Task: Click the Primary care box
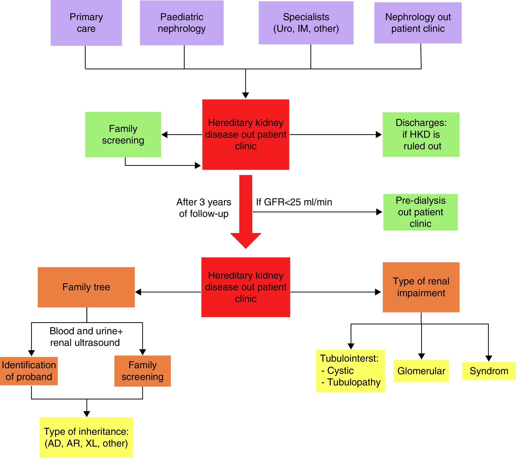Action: pyautogui.click(x=86, y=23)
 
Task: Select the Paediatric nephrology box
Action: pyautogui.click(x=182, y=23)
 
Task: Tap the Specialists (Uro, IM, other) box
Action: pyautogui.click(x=306, y=23)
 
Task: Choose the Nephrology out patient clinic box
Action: pyautogui.click(x=418, y=23)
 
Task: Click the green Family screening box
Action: pyautogui.click(x=123, y=135)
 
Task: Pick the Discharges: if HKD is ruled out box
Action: pyautogui.click(x=421, y=135)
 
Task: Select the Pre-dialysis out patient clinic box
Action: pyautogui.click(x=420, y=212)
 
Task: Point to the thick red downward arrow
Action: pyautogui.click(x=246, y=212)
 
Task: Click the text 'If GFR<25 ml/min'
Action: pyautogui.click(x=294, y=202)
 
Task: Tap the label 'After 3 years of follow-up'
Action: pyautogui.click(x=204, y=208)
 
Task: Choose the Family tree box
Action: pyautogui.click(x=86, y=287)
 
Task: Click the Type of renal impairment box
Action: pyautogui.click(x=421, y=287)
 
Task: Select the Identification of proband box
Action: pyautogui.click(x=29, y=371)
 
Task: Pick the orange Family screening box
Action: pyautogui.click(x=142, y=371)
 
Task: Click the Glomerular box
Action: pyautogui.click(x=421, y=371)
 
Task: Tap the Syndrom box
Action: pyautogui.click(x=489, y=371)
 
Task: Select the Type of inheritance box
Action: pyautogui.click(x=86, y=437)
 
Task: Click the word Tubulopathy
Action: pyautogui.click(x=354, y=382)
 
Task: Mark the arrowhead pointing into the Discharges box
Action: pyautogui.click(x=379, y=135)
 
